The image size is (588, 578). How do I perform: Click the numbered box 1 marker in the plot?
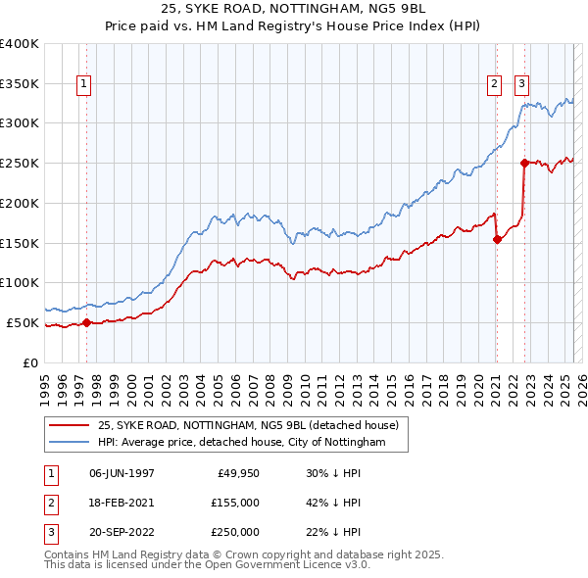(x=85, y=85)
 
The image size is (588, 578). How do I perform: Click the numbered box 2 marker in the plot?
(x=496, y=85)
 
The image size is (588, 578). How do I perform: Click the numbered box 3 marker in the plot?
(x=523, y=85)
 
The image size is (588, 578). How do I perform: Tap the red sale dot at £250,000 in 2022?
(x=524, y=163)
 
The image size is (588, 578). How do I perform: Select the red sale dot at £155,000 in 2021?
(x=497, y=238)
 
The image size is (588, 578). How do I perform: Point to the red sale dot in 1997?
(x=86, y=321)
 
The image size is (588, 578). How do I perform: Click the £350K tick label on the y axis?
(x=20, y=83)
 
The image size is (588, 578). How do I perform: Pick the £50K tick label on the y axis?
(x=23, y=322)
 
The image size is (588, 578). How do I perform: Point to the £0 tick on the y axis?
(x=31, y=362)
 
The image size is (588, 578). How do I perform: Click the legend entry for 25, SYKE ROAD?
(x=247, y=425)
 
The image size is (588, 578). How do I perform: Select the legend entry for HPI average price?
(x=241, y=443)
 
